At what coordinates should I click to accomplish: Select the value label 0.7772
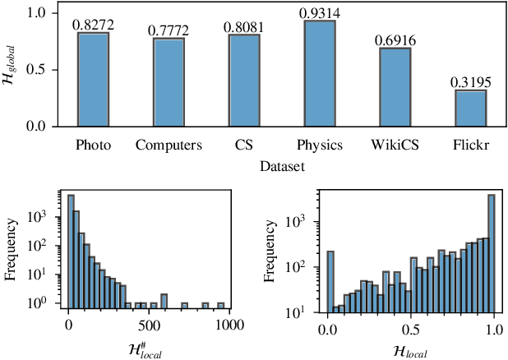pos(168,31)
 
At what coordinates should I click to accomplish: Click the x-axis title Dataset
pos(281,165)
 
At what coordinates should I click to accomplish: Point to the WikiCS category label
pos(395,145)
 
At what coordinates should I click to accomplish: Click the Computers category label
pos(168,145)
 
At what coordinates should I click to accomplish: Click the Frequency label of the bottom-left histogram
pos(11,250)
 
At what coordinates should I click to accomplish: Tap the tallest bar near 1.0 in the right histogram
pos(491,253)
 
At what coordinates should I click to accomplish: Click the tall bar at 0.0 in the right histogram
pos(330,282)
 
